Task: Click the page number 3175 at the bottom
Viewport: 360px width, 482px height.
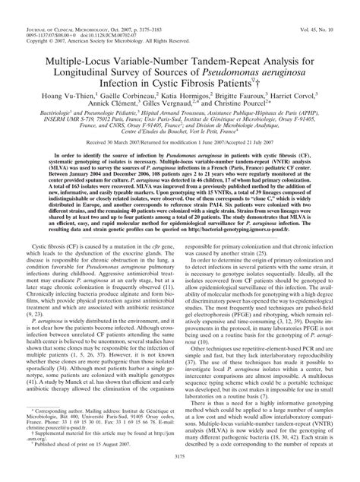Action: (x=180, y=477)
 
